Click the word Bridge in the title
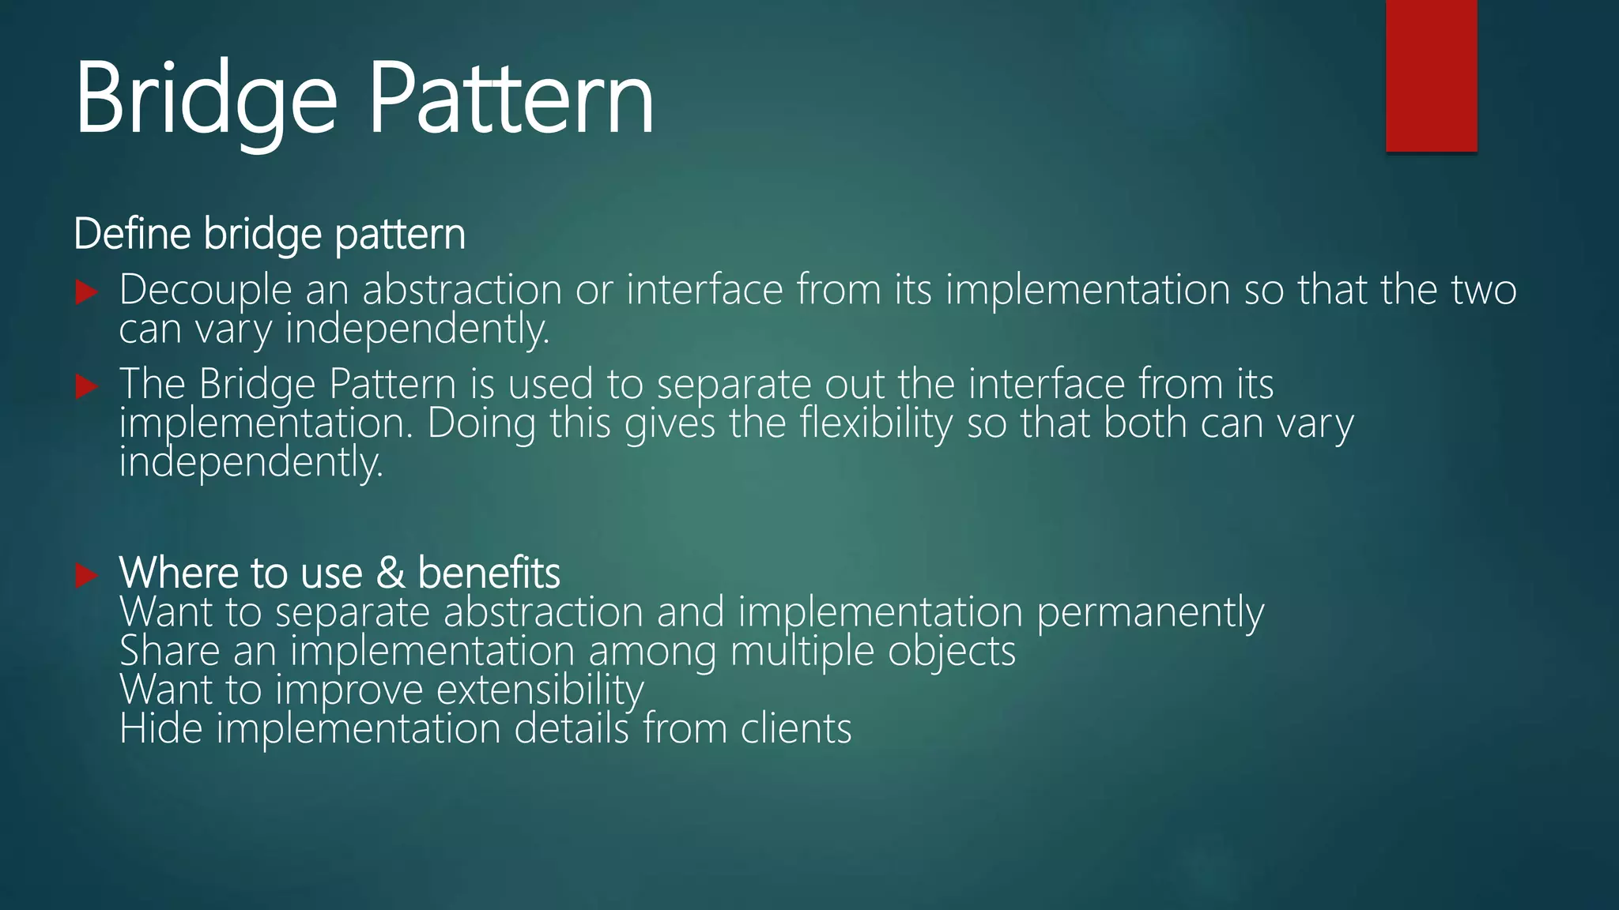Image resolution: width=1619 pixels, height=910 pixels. tap(206, 101)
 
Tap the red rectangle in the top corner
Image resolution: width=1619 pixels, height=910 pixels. tap(1431, 76)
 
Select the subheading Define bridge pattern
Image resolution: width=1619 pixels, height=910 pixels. tap(270, 235)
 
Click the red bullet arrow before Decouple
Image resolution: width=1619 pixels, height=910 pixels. tap(86, 292)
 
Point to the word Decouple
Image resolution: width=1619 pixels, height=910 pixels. tap(206, 290)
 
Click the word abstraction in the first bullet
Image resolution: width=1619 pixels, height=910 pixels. tap(461, 290)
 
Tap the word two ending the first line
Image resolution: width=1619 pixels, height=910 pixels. tap(1484, 290)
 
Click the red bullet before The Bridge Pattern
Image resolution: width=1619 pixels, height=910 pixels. tap(86, 386)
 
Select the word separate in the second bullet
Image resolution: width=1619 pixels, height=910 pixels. tap(733, 385)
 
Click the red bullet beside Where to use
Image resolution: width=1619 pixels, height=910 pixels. tap(86, 575)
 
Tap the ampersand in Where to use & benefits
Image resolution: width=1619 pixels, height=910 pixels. tap(391, 573)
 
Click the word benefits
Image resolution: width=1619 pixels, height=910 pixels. tap(489, 573)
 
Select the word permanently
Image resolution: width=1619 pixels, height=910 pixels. tap(1150, 613)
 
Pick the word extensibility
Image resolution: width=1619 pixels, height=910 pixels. tap(540, 690)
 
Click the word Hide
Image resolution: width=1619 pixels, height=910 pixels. tap(160, 728)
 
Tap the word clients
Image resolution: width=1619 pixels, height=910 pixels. tap(795, 728)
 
